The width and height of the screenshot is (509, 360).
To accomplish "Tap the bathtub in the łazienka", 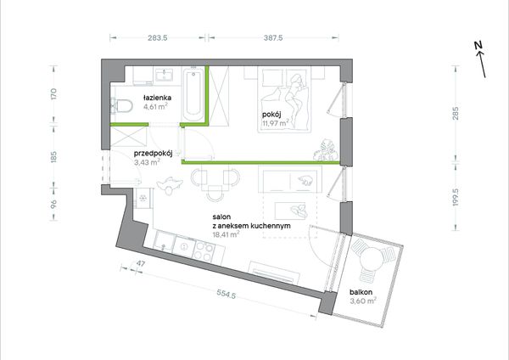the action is click(193, 95).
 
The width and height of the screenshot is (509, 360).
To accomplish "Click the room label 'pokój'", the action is click(271, 115).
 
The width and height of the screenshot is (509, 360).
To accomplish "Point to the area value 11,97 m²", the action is click(275, 123).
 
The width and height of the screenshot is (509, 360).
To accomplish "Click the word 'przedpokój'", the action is click(153, 154).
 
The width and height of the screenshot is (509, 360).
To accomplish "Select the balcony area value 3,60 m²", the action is click(363, 301).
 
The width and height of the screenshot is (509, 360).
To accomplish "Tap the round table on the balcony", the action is click(372, 259).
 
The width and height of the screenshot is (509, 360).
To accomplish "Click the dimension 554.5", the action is click(226, 295).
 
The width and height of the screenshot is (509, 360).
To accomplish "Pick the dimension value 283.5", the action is click(158, 37).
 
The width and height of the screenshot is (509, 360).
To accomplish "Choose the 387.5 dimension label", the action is click(273, 37).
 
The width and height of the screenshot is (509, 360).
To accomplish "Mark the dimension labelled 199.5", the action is click(456, 197).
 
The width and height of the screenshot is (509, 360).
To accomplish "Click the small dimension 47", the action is click(140, 263).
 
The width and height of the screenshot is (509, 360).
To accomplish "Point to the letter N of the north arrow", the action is click(478, 45).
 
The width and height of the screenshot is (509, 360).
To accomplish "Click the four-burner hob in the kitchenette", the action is click(204, 251).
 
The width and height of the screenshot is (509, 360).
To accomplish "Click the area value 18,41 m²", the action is click(226, 234).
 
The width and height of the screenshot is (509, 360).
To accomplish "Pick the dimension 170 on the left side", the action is click(54, 93).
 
